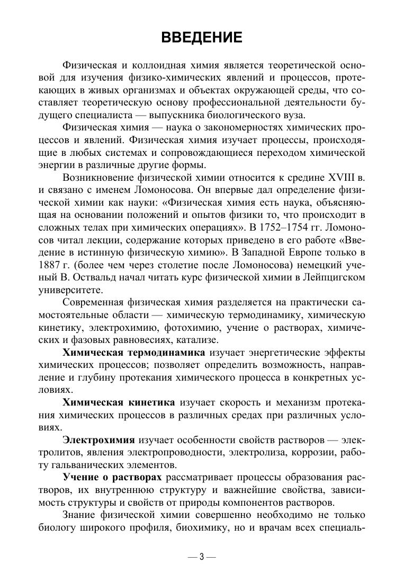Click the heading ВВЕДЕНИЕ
[x=201, y=38]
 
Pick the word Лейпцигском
[x=333, y=277]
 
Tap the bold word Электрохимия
[x=99, y=440]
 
